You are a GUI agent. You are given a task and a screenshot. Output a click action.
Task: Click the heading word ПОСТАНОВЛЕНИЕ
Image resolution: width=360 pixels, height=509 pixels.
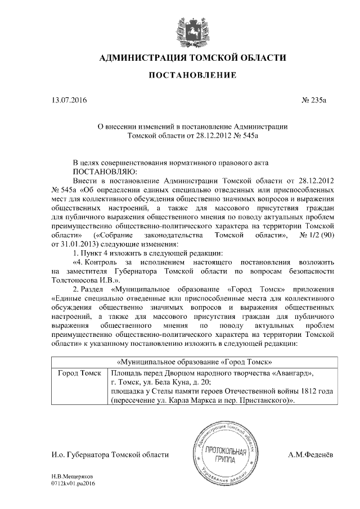coord(192,75)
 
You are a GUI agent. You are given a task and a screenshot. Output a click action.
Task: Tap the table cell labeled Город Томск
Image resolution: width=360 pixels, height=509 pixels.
coord(79,373)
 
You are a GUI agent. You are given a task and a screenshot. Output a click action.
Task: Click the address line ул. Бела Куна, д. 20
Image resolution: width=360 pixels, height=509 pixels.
coord(162,382)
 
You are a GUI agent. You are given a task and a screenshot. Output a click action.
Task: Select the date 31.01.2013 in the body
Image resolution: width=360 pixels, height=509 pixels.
coord(78,244)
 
